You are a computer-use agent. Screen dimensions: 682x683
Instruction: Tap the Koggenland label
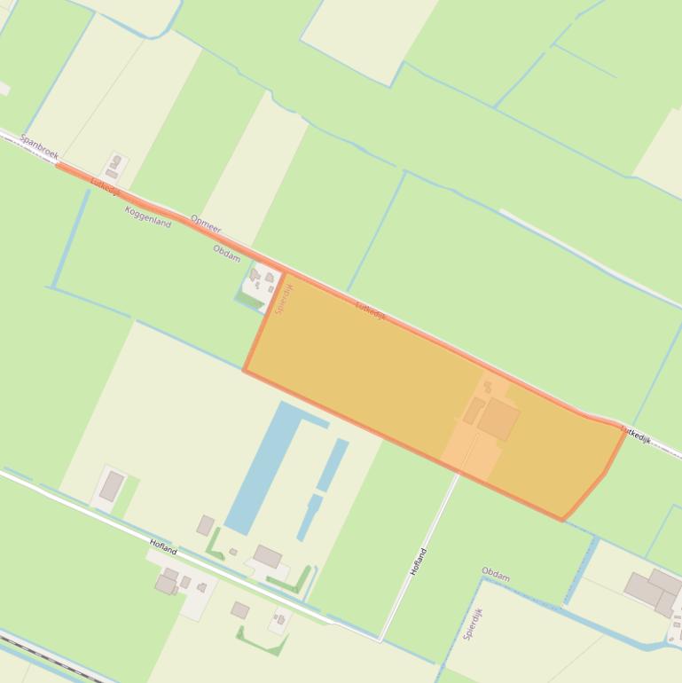[148, 216]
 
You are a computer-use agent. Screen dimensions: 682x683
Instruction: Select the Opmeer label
[206, 224]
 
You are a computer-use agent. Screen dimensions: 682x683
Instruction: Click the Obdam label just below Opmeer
[227, 253]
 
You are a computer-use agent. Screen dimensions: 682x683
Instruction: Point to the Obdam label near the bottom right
[496, 575]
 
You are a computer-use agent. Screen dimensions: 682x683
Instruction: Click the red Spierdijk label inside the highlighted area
[284, 298]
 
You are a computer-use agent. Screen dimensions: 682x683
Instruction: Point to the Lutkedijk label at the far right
[635, 435]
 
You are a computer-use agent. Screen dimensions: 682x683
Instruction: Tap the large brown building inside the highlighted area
[498, 418]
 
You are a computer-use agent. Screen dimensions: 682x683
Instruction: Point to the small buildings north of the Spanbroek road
[114, 167]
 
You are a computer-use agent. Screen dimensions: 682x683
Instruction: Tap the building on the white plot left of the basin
[112, 485]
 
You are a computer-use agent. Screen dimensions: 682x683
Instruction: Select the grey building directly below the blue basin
[267, 557]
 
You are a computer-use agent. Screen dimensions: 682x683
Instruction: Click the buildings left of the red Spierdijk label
[261, 279]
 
